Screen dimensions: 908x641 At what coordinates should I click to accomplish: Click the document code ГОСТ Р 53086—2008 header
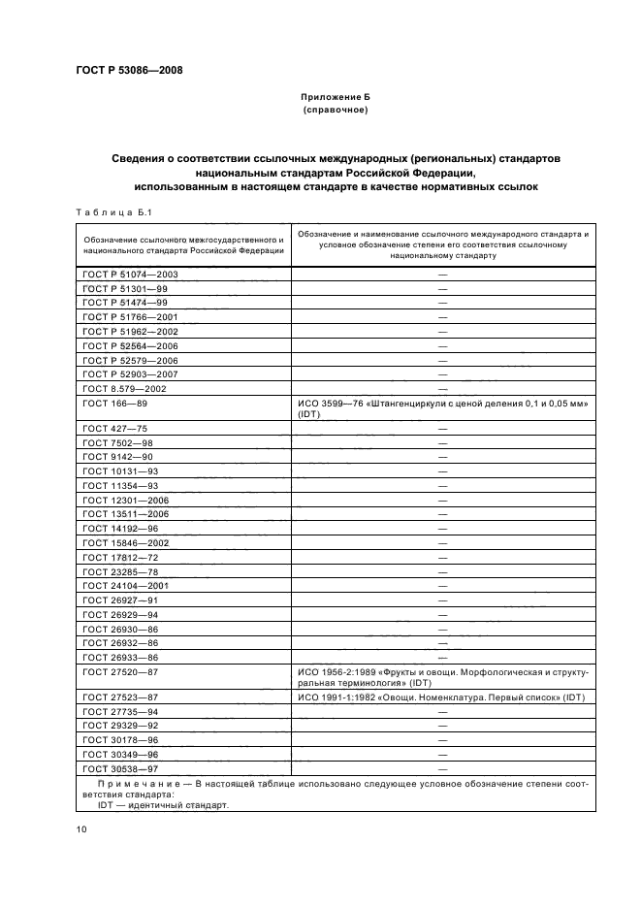click(x=128, y=70)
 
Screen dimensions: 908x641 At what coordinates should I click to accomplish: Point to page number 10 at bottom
click(x=82, y=827)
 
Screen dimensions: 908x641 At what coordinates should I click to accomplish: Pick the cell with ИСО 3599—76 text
click(x=442, y=407)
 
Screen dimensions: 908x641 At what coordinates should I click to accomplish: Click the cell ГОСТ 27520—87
click(x=121, y=671)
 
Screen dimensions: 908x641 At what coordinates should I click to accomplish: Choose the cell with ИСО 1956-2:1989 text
click(x=442, y=677)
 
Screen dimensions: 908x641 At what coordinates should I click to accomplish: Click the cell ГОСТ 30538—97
click(x=121, y=767)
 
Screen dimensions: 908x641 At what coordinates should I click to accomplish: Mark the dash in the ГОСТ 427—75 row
click(x=442, y=427)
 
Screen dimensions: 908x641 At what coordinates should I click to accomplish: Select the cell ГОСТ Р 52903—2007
click(x=130, y=373)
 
